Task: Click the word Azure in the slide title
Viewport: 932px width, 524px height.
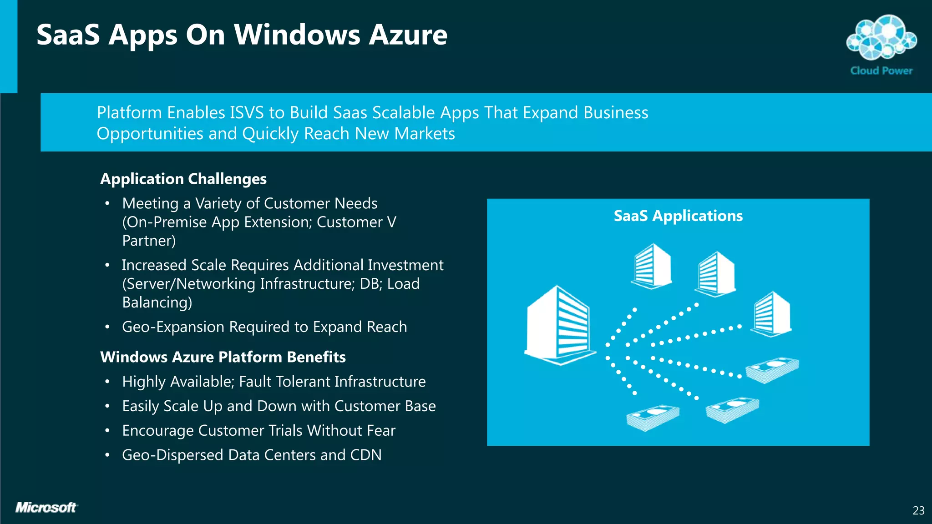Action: (x=408, y=35)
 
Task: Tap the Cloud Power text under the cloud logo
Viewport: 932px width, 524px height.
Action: (x=881, y=71)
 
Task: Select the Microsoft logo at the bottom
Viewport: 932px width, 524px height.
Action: (x=46, y=508)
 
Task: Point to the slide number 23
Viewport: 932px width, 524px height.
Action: (x=918, y=511)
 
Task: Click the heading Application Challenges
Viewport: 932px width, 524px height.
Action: (x=183, y=179)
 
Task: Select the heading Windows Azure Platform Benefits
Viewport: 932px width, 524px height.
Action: (x=223, y=357)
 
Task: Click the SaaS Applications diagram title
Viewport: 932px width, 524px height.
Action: (x=678, y=216)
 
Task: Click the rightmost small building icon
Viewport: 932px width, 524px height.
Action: (x=772, y=314)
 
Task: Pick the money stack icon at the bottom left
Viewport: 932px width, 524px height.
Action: (x=653, y=418)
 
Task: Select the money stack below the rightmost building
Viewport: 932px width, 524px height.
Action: (x=772, y=369)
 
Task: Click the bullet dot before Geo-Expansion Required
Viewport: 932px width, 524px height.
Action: (x=107, y=327)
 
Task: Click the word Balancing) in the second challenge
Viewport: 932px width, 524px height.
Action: (x=157, y=302)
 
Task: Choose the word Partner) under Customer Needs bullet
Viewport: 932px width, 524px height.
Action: (x=149, y=241)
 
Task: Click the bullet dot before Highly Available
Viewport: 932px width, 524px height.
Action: (x=107, y=382)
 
